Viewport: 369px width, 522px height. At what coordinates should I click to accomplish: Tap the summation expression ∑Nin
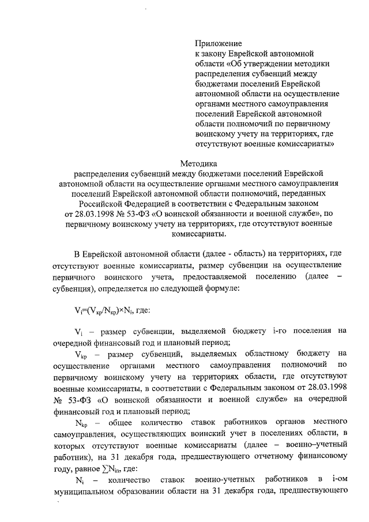[x=125, y=469]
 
